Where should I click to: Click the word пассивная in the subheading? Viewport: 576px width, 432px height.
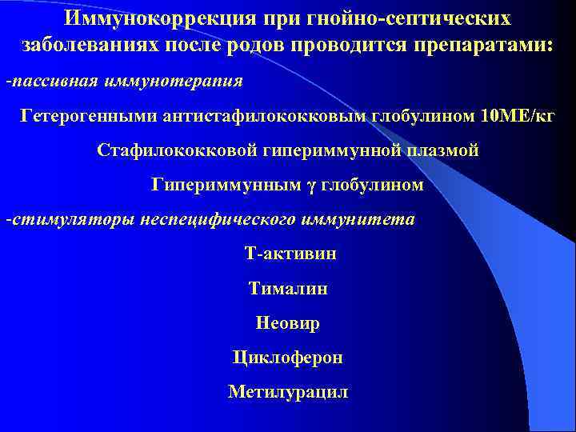click(x=47, y=82)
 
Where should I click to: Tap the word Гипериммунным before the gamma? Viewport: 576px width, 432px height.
click(x=227, y=185)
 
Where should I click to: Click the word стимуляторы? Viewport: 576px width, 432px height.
click(x=70, y=219)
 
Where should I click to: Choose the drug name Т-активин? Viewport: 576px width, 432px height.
click(x=290, y=254)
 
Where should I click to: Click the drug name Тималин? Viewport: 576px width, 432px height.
click(x=288, y=288)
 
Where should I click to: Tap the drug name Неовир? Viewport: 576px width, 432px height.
click(x=288, y=323)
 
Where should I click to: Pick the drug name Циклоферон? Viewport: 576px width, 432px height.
click(x=288, y=358)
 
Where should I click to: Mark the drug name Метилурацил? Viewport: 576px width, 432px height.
click(x=288, y=392)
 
